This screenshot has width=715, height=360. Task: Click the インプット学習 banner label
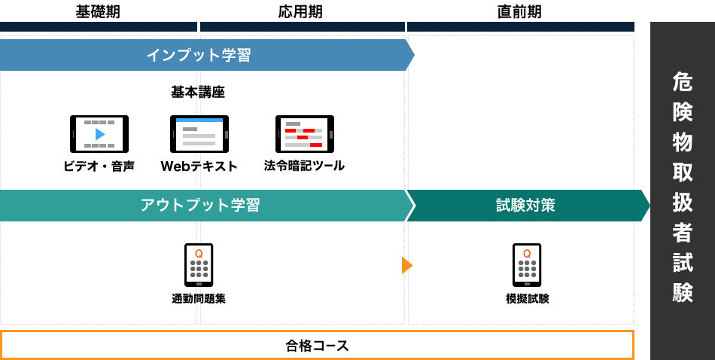(198, 55)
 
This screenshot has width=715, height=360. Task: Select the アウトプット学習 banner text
(199, 205)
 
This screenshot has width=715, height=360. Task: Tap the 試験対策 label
(525, 205)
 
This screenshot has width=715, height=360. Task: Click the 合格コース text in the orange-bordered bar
(317, 346)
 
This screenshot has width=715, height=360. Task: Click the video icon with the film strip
(99, 134)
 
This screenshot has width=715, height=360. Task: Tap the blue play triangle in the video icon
(100, 134)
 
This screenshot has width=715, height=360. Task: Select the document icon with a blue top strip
(199, 134)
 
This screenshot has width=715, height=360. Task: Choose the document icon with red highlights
(304, 134)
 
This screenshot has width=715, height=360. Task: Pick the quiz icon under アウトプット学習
(199, 264)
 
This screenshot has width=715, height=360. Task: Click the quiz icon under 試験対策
(527, 264)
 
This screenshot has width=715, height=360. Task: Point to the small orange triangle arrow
(406, 265)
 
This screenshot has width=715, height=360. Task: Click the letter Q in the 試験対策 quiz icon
(527, 254)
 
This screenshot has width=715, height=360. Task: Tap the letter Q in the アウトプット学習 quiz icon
(199, 254)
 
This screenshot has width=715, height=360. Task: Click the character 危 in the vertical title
(683, 81)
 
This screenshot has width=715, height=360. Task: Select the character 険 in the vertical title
(683, 111)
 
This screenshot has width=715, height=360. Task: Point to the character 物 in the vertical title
(683, 142)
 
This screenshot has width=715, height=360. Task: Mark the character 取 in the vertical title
(683, 172)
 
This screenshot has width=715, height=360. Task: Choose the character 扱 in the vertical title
(683, 202)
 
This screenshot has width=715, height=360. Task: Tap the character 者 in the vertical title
(683, 232)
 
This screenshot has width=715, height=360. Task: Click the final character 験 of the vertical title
(683, 292)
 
